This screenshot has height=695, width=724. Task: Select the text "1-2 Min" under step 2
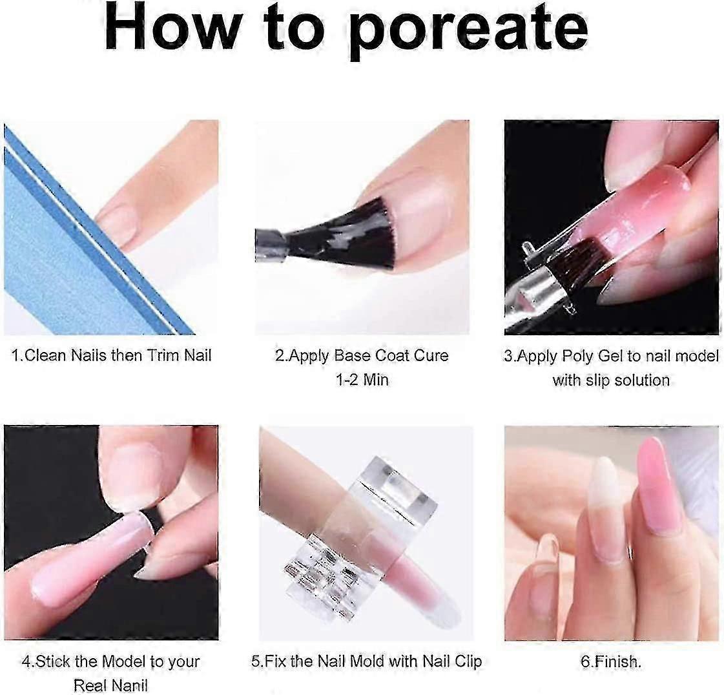click(362, 380)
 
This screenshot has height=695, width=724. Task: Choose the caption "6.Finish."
click(611, 662)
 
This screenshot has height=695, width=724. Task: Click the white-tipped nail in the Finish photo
click(606, 508)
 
